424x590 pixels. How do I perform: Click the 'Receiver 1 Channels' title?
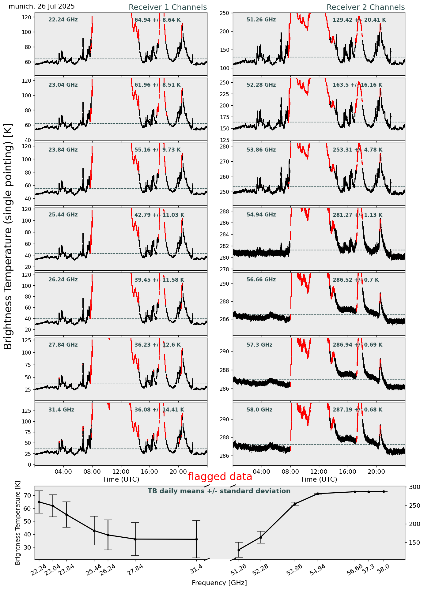168,7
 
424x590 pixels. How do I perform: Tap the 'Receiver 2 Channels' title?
365,7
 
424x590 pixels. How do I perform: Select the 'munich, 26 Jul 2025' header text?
42,6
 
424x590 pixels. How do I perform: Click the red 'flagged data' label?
220,477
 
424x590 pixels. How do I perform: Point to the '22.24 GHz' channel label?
63,20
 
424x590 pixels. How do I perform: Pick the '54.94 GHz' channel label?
261,215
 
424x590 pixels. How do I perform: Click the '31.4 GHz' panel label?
61,410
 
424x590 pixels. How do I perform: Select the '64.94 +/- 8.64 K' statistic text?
157,20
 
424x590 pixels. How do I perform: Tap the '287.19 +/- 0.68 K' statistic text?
358,410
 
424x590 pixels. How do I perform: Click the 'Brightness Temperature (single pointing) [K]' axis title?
8,236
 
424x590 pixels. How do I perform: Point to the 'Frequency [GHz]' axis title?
219,583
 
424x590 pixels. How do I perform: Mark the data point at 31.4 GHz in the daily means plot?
196,539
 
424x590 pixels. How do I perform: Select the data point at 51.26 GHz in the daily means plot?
239,550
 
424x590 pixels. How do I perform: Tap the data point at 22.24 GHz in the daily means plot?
39,502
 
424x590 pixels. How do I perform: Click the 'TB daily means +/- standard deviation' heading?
219,491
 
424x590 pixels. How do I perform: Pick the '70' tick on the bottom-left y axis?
27,495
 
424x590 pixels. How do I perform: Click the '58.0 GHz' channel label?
259,410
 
